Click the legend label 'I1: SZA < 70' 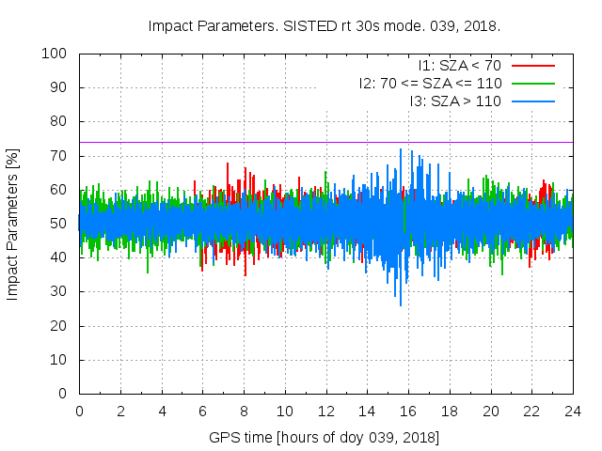[x=459, y=66]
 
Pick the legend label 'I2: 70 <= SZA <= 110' [x=430, y=83]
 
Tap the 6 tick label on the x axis [x=202, y=411]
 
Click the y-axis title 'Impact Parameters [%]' [x=13, y=224]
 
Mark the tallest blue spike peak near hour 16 [x=401, y=148]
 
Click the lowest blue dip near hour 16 [x=401, y=305]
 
